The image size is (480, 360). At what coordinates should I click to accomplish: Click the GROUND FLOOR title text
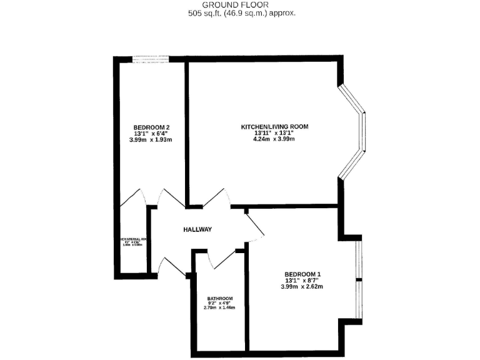[x=241, y=4]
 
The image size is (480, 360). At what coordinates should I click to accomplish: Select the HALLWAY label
[x=197, y=230]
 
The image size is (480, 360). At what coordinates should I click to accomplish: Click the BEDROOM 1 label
[x=302, y=274]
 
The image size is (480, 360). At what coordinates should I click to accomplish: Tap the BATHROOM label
[x=221, y=298]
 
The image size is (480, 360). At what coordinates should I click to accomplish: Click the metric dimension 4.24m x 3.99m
[x=274, y=139]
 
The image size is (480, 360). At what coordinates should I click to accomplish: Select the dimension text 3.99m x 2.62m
[x=302, y=287]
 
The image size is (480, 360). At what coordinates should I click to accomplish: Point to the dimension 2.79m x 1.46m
[x=221, y=308]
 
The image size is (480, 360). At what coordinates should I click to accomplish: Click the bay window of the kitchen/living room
[x=353, y=132]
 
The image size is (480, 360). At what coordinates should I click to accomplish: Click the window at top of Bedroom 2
[x=150, y=59]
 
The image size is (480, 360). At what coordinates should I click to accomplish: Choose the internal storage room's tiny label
[x=132, y=241]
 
